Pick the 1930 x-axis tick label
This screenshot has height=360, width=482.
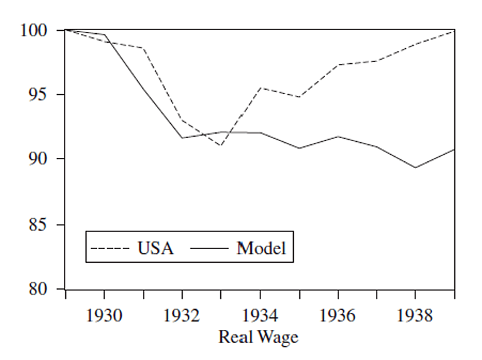click(x=104, y=315)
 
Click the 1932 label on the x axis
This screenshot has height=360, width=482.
click(x=182, y=315)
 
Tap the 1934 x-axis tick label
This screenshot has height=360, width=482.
click(x=260, y=315)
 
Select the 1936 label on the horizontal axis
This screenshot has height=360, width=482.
click(x=338, y=315)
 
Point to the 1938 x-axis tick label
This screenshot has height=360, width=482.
click(x=415, y=315)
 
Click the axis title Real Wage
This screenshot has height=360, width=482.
click(x=258, y=337)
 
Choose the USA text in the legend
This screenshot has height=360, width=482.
click(x=155, y=248)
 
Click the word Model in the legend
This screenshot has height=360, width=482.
click(x=261, y=248)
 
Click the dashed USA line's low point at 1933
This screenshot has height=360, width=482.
click(x=221, y=146)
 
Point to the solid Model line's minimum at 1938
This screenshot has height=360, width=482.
click(x=415, y=167)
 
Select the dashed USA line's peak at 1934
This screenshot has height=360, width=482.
click(x=260, y=88)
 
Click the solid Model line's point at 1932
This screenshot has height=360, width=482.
click(x=182, y=137)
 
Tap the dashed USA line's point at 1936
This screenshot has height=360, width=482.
click(x=338, y=65)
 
